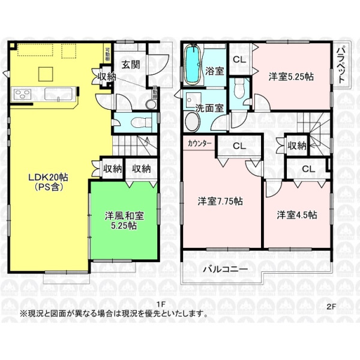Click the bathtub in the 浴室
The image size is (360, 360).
pos(194,65)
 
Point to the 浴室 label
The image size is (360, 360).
pos(215,70)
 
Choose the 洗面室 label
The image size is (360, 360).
pos(210,109)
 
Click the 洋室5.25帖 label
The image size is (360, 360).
pos(291,76)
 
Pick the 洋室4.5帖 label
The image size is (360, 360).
pos(296,214)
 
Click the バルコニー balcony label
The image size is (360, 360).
pos(224,269)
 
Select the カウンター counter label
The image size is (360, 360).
pos(199,144)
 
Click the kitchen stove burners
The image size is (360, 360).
pos(23,93)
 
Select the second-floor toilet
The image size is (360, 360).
pos(239,90)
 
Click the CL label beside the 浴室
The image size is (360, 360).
pos(239,59)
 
